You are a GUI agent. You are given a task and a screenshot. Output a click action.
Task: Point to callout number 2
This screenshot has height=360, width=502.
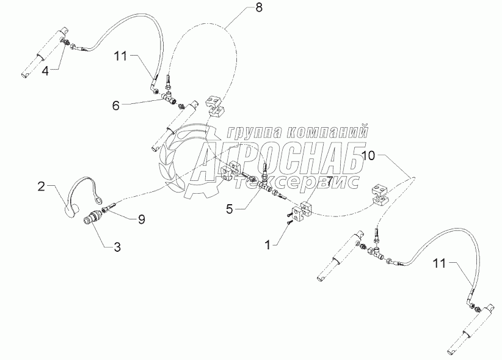[42, 186]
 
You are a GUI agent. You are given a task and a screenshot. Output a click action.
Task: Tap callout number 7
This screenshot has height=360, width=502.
[329, 182]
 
